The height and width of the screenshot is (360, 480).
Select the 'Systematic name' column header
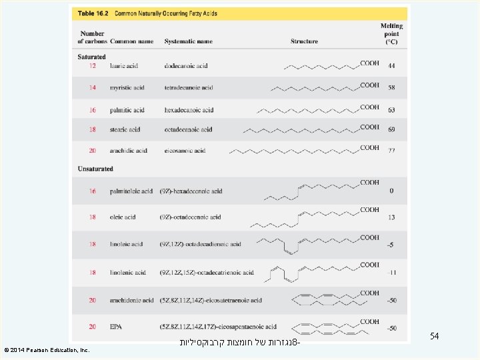coord(189,41)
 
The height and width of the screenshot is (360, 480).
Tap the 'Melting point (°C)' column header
coord(391,33)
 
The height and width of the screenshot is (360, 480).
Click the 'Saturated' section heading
coord(92,57)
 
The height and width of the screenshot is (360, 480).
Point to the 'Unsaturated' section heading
coord(95,169)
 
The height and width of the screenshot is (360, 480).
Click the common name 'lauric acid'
coord(125,66)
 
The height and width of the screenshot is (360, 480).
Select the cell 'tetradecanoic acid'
coord(189,88)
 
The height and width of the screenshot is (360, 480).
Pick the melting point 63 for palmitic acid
coord(391,110)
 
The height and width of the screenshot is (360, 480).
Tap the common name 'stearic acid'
coord(125,129)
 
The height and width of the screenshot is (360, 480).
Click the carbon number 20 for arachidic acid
coord(93,151)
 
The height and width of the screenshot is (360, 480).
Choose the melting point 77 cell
coord(391,151)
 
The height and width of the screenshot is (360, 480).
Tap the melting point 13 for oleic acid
coord(391,217)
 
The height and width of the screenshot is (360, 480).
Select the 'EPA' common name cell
coord(117,327)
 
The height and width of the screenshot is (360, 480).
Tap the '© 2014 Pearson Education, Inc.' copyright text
coord(47,349)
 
